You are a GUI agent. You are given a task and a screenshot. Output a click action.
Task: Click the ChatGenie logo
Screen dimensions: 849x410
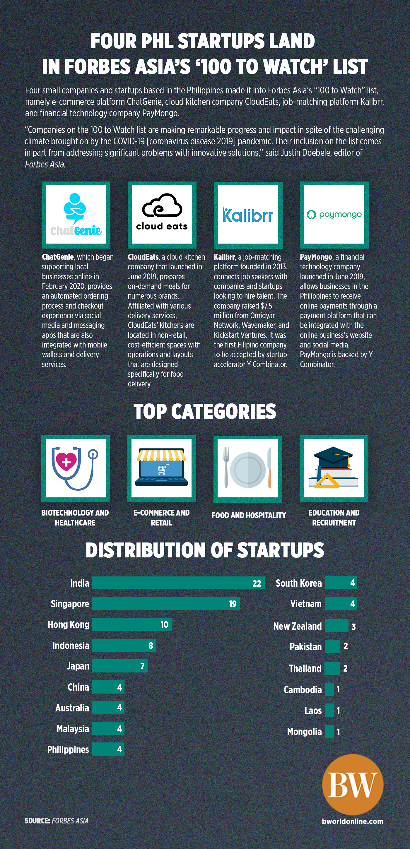[76, 215]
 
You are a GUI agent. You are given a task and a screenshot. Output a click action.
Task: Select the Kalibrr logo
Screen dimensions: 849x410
[248, 215]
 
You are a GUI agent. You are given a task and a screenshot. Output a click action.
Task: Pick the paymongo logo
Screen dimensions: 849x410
[334, 215]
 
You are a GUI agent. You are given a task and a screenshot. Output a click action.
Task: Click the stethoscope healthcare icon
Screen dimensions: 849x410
[76, 468]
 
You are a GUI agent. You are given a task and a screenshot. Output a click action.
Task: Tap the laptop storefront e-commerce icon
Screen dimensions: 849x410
[161, 468]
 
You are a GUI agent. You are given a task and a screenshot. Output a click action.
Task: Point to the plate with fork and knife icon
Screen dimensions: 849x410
[247, 468]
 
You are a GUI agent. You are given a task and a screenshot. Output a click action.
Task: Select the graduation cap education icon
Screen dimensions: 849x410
[334, 468]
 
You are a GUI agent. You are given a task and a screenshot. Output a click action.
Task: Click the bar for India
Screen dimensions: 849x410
[178, 583]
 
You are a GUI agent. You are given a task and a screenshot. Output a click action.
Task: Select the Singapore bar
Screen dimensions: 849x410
[165, 603]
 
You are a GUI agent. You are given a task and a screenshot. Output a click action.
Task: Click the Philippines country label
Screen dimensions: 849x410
[68, 749]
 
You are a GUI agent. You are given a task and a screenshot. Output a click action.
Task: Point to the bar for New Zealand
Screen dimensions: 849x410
[336, 626]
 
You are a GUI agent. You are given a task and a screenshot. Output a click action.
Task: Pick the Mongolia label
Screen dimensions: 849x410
[304, 732]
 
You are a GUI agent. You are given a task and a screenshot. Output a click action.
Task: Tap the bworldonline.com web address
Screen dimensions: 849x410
[352, 821]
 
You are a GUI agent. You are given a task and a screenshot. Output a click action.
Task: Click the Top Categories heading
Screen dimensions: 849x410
[205, 412]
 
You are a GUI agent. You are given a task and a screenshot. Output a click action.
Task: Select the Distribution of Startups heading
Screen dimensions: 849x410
[205, 550]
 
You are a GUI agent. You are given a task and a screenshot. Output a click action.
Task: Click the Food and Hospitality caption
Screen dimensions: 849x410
[249, 515]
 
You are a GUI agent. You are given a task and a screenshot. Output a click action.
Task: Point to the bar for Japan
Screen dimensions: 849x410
[120, 666]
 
